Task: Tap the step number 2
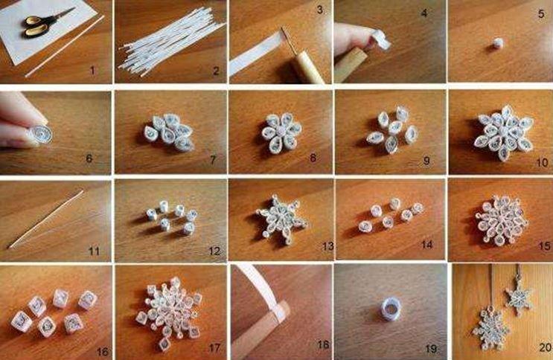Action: (x=215, y=71)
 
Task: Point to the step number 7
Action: (x=212, y=159)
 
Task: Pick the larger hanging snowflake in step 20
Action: (x=491, y=327)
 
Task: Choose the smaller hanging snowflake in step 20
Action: (x=519, y=296)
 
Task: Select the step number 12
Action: (x=215, y=251)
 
